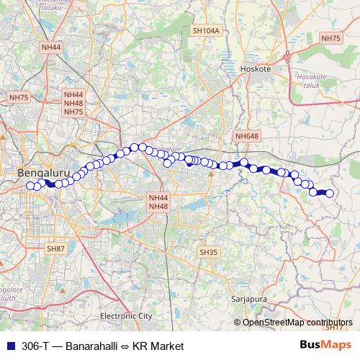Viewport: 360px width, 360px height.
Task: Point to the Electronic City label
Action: coord(126,316)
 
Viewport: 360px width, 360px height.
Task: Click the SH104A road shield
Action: coord(205,32)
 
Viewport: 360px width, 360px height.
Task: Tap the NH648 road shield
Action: coord(246,135)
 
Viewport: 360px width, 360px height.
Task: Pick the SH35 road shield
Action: coord(207,253)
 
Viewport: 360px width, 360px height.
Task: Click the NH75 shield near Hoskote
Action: coord(330,38)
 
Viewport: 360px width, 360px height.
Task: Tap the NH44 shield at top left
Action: coord(52,47)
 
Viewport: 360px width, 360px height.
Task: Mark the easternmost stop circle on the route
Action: coord(330,193)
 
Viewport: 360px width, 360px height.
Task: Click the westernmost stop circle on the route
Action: coord(30,186)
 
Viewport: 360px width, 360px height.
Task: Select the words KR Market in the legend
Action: coord(161,346)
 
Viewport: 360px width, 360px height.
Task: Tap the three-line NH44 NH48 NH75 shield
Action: coord(73,103)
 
